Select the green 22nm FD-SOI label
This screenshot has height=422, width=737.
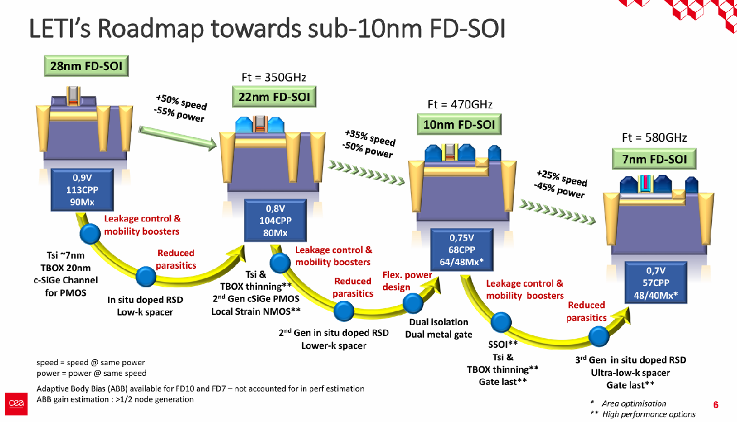tap(274, 97)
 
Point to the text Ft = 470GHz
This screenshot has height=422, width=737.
tap(460, 104)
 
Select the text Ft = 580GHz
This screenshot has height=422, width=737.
tap(655, 138)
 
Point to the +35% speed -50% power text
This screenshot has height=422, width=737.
tap(369, 144)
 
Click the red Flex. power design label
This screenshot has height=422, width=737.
tap(407, 281)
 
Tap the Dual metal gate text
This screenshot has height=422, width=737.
tap(439, 335)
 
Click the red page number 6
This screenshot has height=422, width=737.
tap(715, 405)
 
